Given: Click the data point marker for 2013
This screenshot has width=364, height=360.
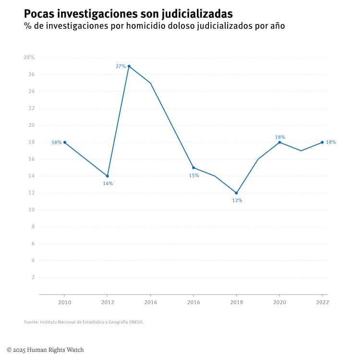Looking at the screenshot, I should [x=129, y=66].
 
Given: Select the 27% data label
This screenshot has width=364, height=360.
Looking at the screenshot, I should [x=121, y=66].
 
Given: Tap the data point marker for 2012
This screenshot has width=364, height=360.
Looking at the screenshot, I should [x=108, y=176].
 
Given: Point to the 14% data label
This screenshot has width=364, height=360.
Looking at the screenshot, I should [x=108, y=184].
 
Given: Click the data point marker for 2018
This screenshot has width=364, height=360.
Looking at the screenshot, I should [x=236, y=193].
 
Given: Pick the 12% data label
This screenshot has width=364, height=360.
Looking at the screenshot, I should [x=237, y=200].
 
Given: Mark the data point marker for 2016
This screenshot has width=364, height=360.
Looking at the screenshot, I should [x=194, y=168].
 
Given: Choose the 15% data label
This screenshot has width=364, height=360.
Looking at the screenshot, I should [x=194, y=175].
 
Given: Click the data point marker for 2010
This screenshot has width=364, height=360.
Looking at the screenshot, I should [x=65, y=142].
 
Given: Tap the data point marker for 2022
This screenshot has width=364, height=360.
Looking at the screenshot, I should [x=322, y=142].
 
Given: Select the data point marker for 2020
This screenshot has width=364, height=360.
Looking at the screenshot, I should [x=279, y=142].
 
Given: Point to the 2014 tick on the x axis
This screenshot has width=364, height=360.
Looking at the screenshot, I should [x=151, y=302].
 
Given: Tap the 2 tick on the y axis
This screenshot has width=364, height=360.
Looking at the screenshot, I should [x=33, y=277].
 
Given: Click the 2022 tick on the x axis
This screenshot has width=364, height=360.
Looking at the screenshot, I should [x=322, y=302].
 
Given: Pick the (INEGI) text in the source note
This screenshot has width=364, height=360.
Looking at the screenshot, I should [x=135, y=322].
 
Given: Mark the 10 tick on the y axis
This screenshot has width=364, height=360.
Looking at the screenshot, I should [x=32, y=210].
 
